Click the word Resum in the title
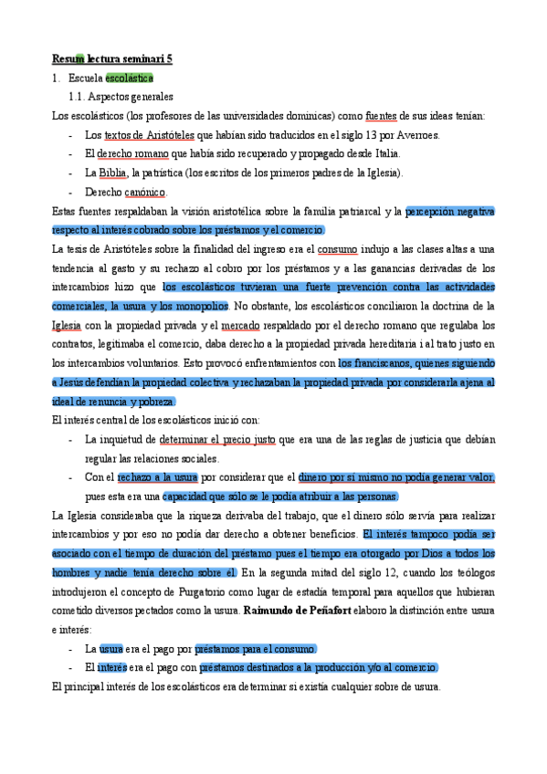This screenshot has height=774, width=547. (68, 59)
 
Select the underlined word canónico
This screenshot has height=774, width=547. (146, 193)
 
